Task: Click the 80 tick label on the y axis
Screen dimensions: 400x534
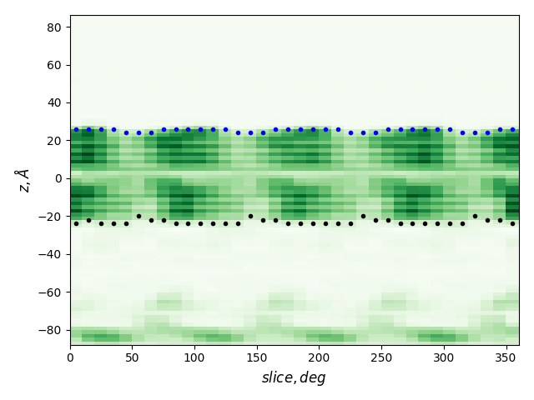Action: pos(56,27)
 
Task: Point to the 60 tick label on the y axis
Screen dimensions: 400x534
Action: pos(56,65)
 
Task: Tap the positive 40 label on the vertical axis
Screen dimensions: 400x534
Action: pos(56,102)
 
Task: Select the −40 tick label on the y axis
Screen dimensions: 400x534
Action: pos(53,254)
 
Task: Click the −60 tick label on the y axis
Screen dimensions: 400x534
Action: pos(53,292)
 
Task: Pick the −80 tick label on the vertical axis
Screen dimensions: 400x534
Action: pos(53,330)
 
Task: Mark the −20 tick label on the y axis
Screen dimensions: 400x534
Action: pos(53,217)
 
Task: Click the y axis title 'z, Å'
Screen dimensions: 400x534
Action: pos(23,179)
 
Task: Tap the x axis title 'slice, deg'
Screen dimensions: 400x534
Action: pos(294,377)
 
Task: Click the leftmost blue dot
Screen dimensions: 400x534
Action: pos(76,129)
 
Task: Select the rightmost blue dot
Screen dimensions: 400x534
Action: pos(512,129)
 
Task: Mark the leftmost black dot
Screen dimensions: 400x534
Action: pos(76,223)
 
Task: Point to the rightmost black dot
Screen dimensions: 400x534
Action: pos(512,223)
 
